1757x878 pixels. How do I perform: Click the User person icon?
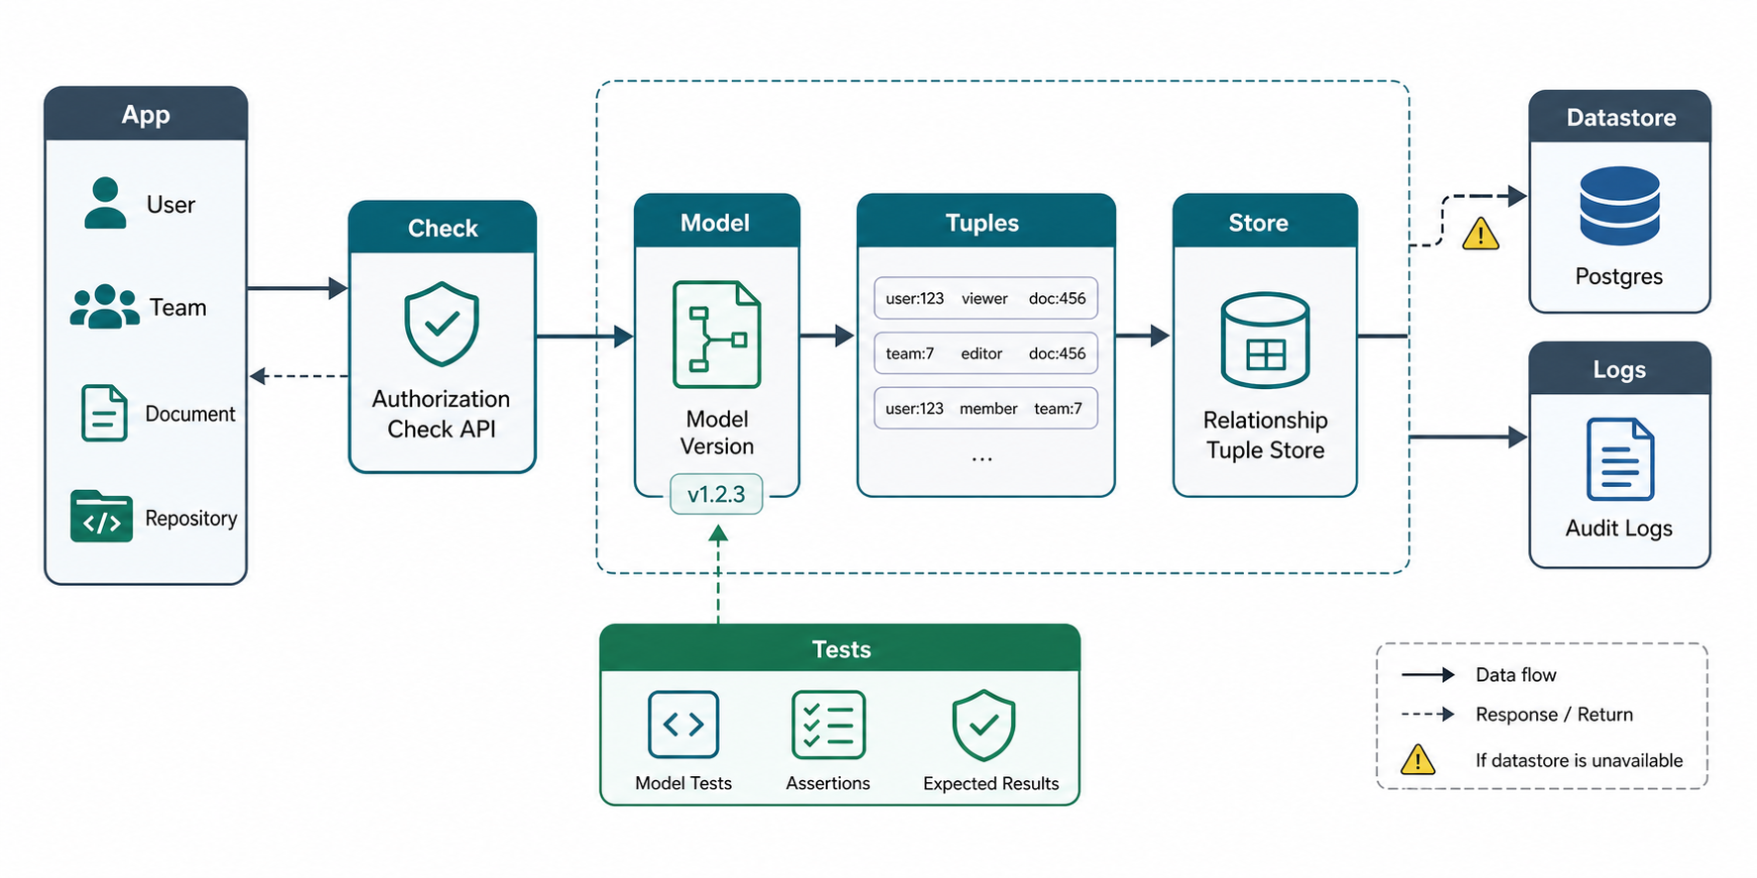coord(105,203)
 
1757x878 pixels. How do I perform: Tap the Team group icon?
coord(105,306)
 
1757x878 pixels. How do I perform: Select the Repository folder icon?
coord(101,516)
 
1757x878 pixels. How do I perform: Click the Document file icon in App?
coord(104,413)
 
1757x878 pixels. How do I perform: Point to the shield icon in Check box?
coord(442,324)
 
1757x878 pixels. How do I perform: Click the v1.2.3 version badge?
coord(716,494)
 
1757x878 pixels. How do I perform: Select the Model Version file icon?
coord(717,335)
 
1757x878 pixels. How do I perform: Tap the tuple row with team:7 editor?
coord(985,353)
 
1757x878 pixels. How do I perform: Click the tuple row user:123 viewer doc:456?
coord(985,298)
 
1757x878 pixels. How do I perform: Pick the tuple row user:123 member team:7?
coord(985,408)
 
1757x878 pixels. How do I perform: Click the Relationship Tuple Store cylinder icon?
coord(1266,340)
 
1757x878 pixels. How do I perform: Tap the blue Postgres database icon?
coord(1619,206)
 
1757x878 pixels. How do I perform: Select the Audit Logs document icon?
coord(1619,459)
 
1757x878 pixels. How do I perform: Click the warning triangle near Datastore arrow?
coord(1481,235)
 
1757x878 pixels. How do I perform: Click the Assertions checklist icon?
coord(828,726)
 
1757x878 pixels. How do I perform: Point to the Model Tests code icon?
coord(683,725)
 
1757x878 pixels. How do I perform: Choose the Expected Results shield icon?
coord(983,726)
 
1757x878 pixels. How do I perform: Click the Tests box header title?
coord(841,649)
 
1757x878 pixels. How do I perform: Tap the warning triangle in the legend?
coord(1418,759)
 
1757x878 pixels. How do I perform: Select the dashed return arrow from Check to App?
coord(299,376)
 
